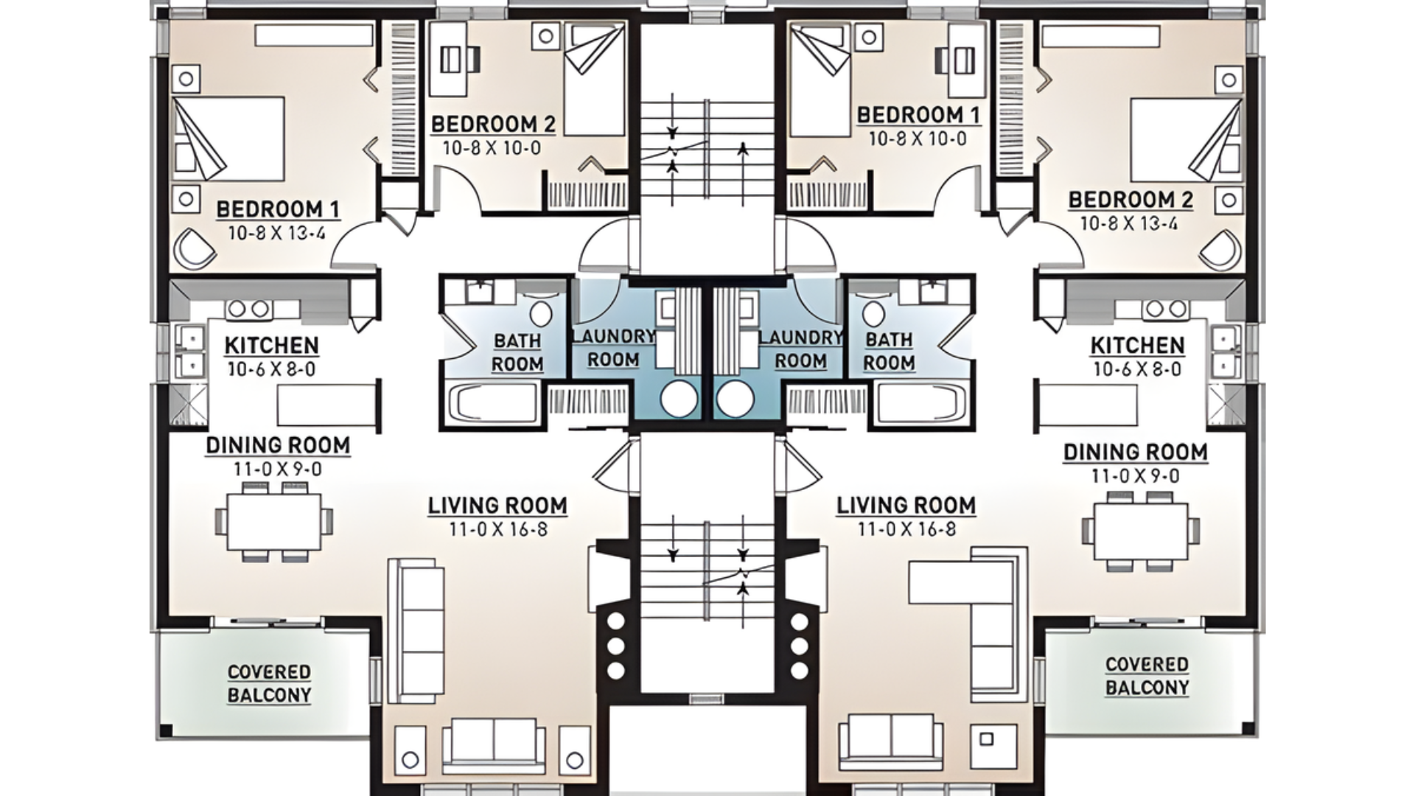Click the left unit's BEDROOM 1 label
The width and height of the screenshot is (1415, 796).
coord(278,209)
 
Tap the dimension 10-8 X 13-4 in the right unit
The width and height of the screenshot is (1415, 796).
coord(1129,223)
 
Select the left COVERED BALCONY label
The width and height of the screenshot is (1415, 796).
coord(269,683)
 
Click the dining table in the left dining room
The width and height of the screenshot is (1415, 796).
coord(273,522)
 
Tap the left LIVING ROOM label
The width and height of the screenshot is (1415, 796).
coord(497,506)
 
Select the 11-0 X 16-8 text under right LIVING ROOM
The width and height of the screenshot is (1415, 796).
coord(906,528)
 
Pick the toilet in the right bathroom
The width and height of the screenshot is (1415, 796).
coord(873,315)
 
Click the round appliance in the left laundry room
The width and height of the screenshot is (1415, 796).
coord(678,399)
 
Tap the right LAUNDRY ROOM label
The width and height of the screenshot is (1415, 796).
coord(800,349)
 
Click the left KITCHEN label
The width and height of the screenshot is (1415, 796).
coord(271,345)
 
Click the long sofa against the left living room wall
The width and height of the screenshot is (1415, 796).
coord(415,630)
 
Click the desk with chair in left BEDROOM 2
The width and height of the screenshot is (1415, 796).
coord(451,59)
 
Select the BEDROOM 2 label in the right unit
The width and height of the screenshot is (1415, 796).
coord(1131,200)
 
